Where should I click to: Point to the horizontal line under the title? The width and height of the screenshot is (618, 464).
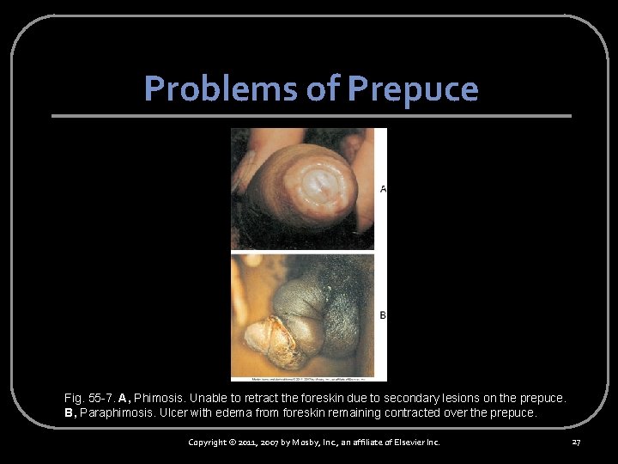(x=311, y=116)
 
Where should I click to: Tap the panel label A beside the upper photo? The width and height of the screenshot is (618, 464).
(x=382, y=188)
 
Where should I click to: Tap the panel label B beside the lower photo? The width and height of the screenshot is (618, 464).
(x=382, y=315)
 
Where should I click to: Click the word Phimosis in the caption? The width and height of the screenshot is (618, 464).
(x=158, y=399)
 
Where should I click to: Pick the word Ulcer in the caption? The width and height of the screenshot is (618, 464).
(x=179, y=412)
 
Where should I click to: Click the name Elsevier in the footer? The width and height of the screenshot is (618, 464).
(x=409, y=443)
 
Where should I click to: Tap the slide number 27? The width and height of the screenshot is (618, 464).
(x=576, y=443)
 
